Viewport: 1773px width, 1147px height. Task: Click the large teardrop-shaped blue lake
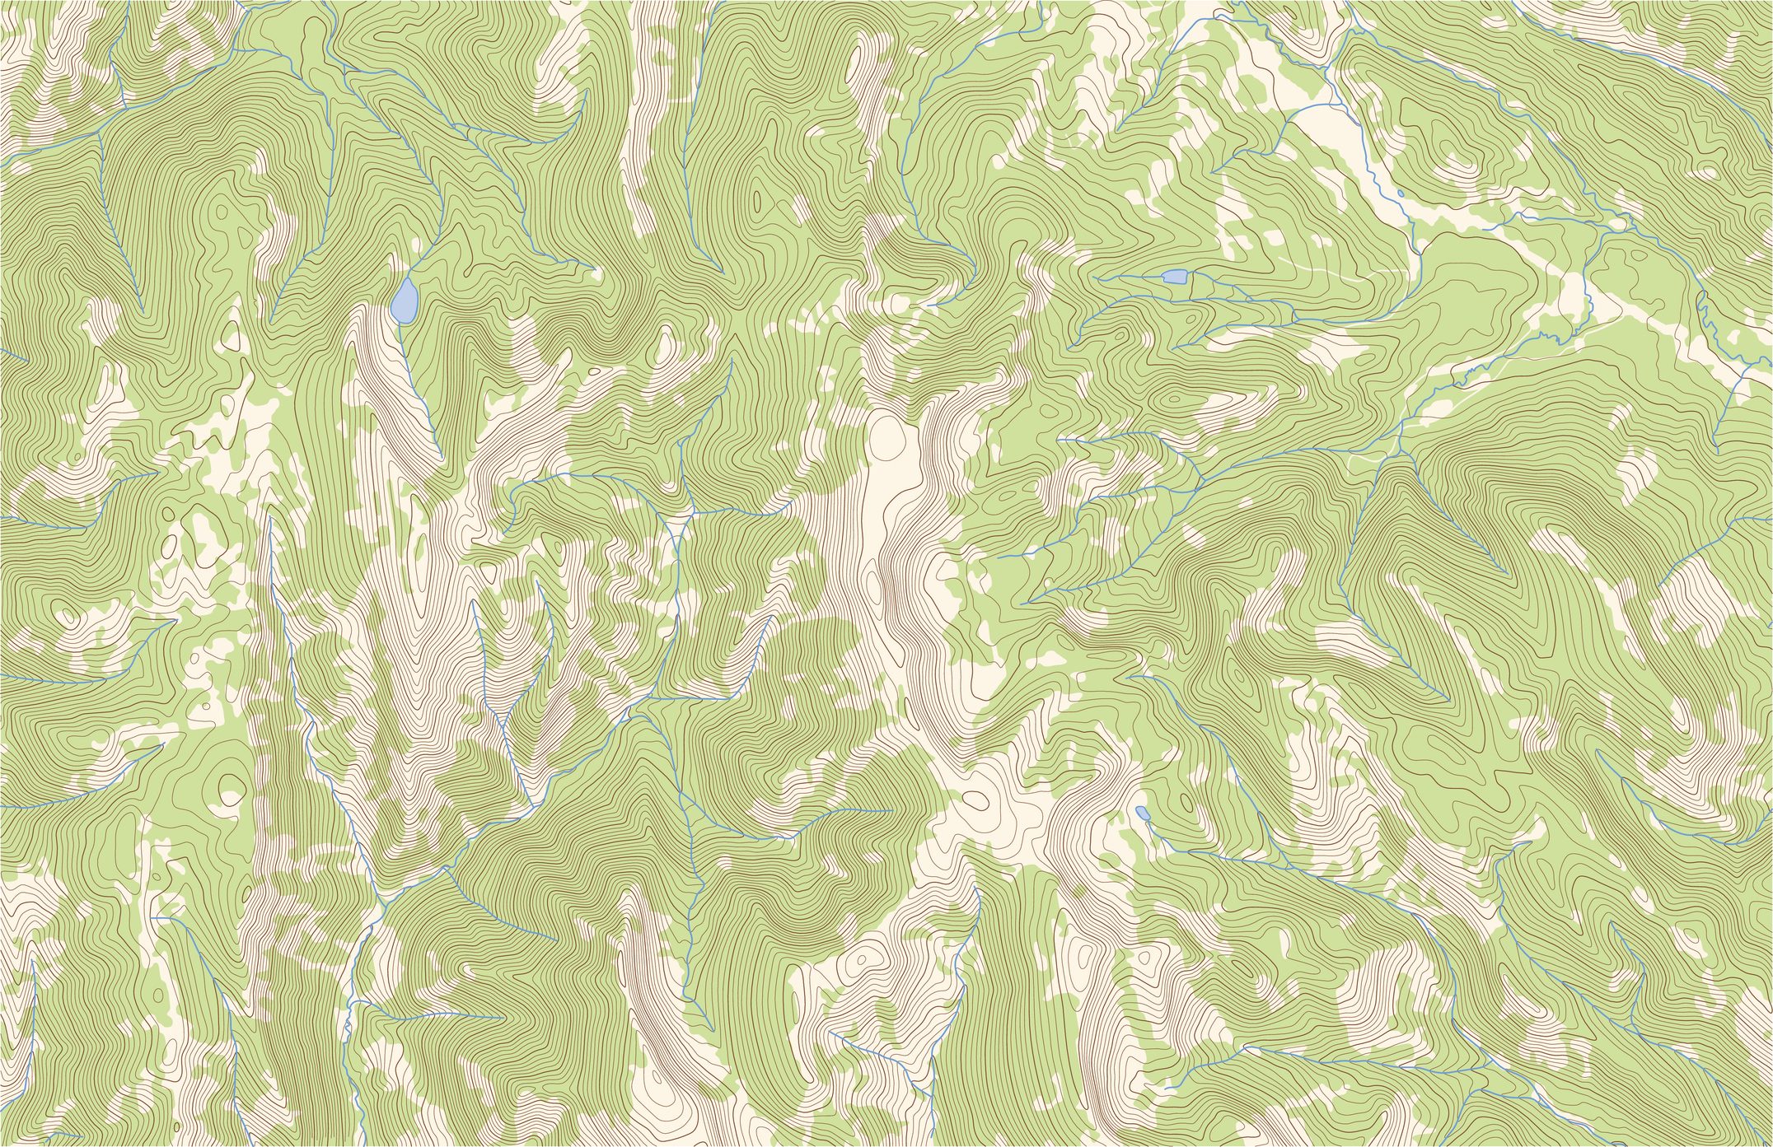[403, 301]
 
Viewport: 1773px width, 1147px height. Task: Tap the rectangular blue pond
[1173, 276]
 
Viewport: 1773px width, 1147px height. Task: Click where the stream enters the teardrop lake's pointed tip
[409, 278]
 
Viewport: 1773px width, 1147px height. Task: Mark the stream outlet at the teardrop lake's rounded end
[399, 324]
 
